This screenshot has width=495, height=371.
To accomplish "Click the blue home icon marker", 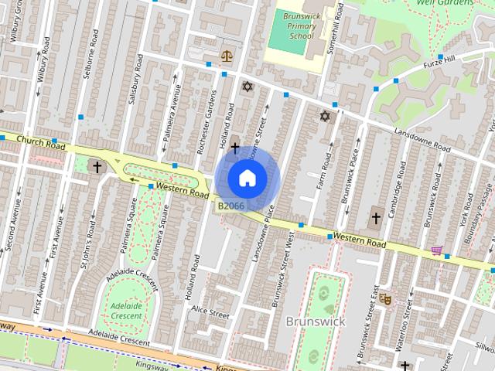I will click(x=247, y=178).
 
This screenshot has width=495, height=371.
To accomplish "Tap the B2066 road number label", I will click(x=230, y=206).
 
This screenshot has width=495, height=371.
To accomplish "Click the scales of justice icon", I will click(x=227, y=56).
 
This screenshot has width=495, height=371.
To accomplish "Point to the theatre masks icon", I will click(x=385, y=297).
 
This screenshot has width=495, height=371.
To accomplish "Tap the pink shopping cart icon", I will click(x=438, y=251).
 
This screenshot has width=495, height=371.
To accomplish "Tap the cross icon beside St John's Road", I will click(x=97, y=165).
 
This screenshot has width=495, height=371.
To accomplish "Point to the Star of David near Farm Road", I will click(x=325, y=117).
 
